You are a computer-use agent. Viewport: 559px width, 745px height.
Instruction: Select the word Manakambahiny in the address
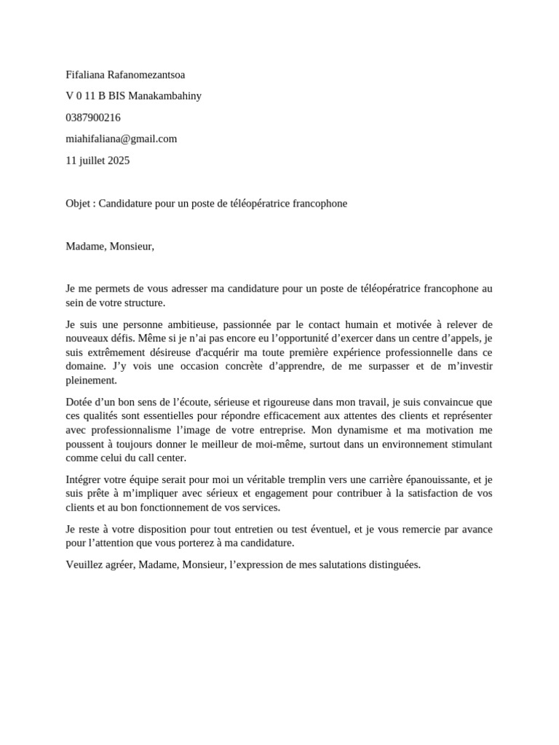(x=165, y=96)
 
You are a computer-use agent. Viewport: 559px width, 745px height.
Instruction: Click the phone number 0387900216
(x=93, y=117)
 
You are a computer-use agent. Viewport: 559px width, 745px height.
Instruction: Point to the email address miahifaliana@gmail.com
(x=122, y=139)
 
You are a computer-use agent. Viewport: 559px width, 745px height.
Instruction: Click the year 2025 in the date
(x=118, y=161)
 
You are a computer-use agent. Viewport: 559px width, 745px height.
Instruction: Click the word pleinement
(x=91, y=381)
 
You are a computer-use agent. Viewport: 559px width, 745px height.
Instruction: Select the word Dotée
(x=79, y=402)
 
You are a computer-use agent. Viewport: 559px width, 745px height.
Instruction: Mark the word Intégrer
(x=85, y=479)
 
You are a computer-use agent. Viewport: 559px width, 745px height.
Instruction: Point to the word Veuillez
(x=84, y=565)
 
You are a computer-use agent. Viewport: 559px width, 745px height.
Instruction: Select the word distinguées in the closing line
(x=392, y=565)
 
